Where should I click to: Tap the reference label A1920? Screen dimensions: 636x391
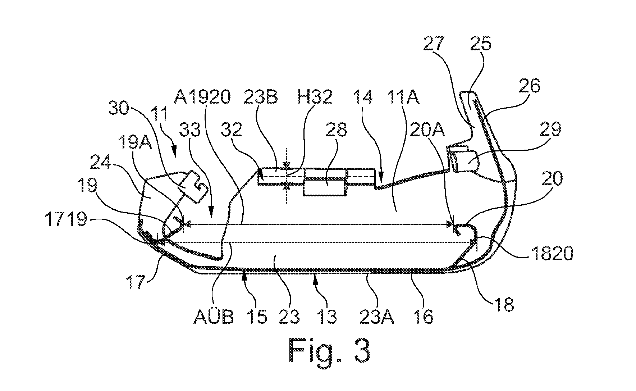coord(202,97)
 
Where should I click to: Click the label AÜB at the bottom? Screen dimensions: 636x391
coord(214,317)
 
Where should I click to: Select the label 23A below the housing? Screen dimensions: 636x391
coord(377,317)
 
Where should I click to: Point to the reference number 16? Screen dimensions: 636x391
coord(425,317)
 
